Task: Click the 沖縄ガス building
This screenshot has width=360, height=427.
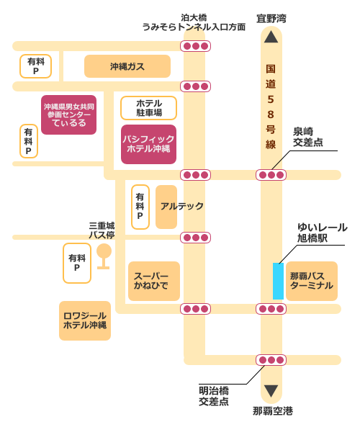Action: (x=127, y=66)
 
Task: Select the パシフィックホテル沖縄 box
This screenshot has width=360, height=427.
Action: (x=148, y=143)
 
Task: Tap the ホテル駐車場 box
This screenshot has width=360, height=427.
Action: (x=148, y=108)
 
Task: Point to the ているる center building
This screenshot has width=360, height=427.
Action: (x=69, y=114)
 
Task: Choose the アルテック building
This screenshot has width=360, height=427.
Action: (x=166, y=207)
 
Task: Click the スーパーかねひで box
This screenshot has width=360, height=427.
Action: (x=153, y=281)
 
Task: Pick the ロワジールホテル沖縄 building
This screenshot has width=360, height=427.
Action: (x=85, y=320)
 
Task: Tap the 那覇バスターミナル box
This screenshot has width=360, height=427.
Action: (x=311, y=281)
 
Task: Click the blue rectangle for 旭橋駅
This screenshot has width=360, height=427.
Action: (x=278, y=281)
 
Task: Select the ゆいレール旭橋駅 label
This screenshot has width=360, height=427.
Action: (x=322, y=232)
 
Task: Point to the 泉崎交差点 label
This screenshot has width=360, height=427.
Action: (x=307, y=137)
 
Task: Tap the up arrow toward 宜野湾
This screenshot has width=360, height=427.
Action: (x=271, y=37)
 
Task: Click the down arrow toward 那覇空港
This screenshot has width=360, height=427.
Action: (x=271, y=391)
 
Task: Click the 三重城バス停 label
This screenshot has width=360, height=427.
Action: (x=102, y=230)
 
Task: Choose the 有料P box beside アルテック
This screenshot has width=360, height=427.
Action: (x=140, y=207)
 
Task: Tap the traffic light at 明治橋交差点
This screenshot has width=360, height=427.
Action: (x=271, y=360)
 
